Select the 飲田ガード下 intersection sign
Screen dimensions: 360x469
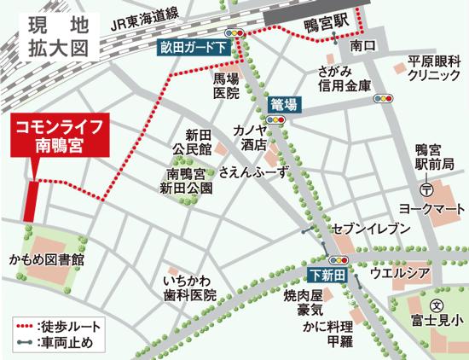coord(194,49)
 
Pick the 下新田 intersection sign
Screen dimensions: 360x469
coord(327,275)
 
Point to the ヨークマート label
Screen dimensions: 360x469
coord(433,208)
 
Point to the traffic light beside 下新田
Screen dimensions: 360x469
coord(339,259)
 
